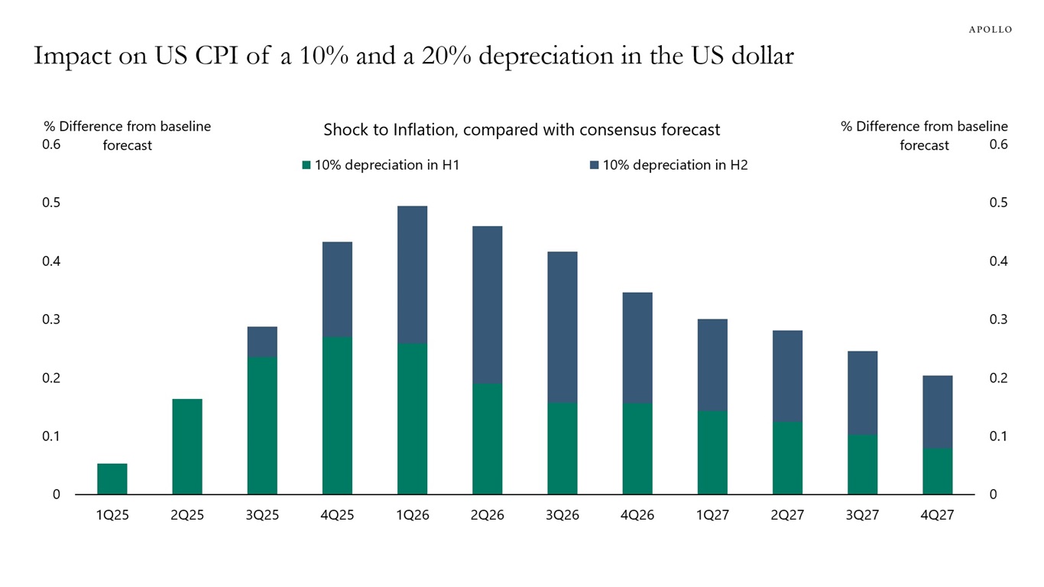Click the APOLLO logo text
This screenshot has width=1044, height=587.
[x=990, y=29]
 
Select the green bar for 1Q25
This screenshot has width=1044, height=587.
[x=112, y=478]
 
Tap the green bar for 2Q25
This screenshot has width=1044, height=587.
[x=187, y=446]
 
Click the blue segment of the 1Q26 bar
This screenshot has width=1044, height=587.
[x=412, y=274]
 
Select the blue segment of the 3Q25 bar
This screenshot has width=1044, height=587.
[x=262, y=342]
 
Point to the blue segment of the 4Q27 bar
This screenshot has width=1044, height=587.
[x=937, y=411]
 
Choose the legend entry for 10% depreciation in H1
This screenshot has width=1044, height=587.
[x=381, y=164]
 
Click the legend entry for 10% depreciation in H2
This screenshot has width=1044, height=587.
[x=669, y=164]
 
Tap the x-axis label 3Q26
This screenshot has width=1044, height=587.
[x=562, y=515]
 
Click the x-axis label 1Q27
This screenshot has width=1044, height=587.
[x=712, y=515]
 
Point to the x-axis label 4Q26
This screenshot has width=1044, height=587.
[x=637, y=515]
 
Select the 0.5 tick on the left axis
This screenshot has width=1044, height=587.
[x=51, y=203]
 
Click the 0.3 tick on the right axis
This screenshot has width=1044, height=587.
[x=999, y=319]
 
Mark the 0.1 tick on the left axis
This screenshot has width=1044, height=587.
[x=51, y=436]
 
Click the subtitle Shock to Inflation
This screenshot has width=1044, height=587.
[x=521, y=130]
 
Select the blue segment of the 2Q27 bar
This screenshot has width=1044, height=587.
[x=787, y=375]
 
